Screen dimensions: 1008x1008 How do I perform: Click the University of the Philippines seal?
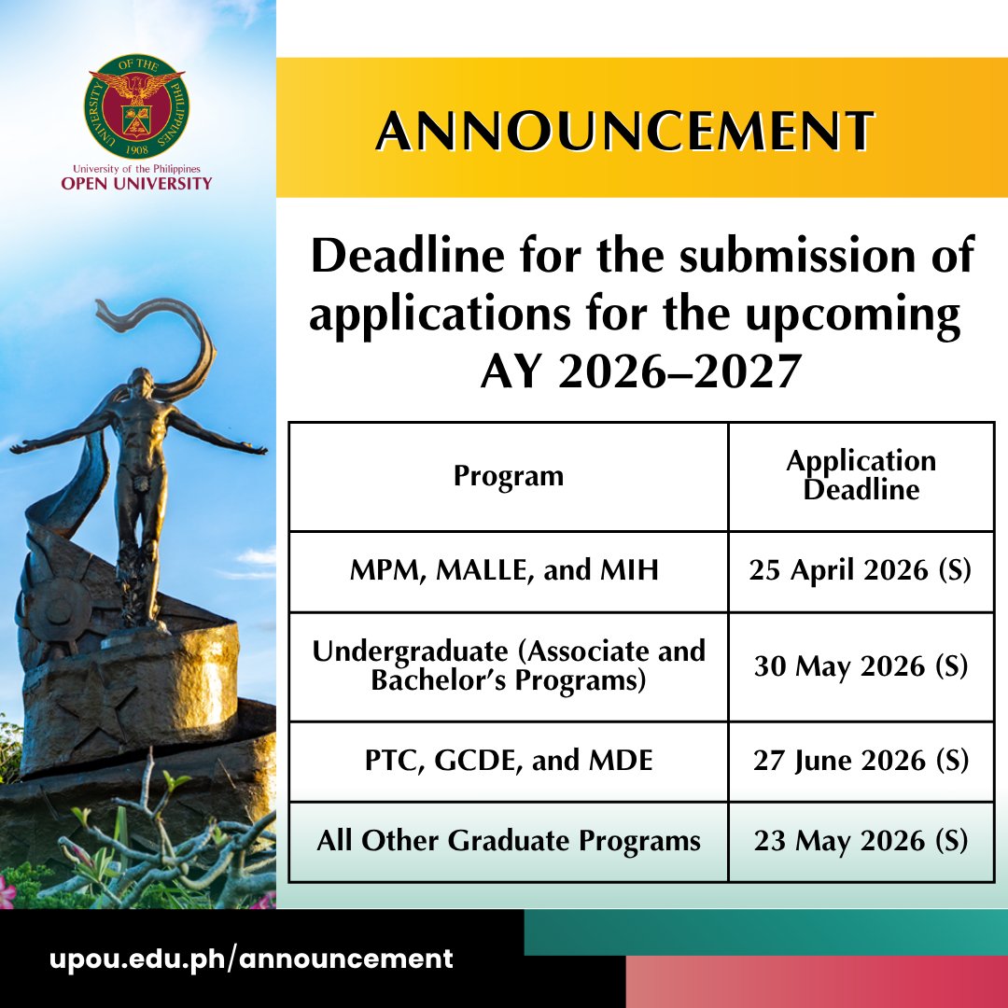[136, 105]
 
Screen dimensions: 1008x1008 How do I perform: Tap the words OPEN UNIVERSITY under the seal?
[136, 183]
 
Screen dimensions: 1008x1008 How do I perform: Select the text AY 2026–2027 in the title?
[640, 372]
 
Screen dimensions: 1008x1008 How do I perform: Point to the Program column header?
[509, 476]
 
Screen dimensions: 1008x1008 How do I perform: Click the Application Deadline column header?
[861, 475]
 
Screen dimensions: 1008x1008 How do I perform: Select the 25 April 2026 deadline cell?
[861, 571]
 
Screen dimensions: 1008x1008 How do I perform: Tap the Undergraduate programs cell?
[509, 665]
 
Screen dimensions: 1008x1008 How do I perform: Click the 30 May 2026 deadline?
[861, 666]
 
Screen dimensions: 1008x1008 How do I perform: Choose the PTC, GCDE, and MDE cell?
[509, 761]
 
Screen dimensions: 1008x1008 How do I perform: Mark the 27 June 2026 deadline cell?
[861, 761]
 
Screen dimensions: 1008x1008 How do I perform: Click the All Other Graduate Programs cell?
[509, 841]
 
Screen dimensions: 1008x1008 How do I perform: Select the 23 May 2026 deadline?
[861, 841]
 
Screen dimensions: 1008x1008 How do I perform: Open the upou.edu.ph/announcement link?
[251, 959]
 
